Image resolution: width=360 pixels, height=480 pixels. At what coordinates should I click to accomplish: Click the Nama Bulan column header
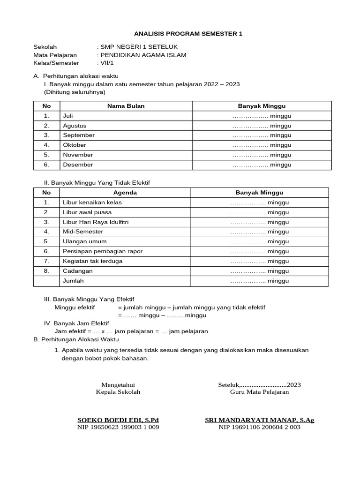click(126, 106)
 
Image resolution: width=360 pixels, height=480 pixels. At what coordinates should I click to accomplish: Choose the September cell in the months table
click(79, 135)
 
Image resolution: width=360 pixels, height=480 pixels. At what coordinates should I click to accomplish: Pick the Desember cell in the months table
click(78, 165)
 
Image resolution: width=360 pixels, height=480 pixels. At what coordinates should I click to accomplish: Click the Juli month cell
click(68, 116)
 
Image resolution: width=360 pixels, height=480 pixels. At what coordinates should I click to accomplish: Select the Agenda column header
click(125, 193)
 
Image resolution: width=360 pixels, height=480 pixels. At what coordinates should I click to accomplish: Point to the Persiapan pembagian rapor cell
click(103, 251)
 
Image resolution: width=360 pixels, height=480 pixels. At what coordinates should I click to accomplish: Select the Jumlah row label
click(73, 281)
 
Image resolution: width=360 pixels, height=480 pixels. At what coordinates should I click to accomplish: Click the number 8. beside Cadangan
click(46, 271)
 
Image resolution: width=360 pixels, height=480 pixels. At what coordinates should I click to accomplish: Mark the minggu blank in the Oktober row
click(262, 145)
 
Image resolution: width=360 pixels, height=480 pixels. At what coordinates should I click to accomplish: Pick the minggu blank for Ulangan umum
click(260, 242)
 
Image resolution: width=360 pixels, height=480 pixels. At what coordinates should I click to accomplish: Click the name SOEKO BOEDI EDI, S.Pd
click(118, 420)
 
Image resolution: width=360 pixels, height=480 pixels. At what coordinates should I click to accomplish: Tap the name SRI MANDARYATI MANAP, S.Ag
click(259, 420)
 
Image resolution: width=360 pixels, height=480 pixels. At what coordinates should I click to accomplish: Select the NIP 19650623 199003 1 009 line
click(118, 427)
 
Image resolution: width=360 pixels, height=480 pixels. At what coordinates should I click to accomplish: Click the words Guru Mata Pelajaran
click(259, 392)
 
